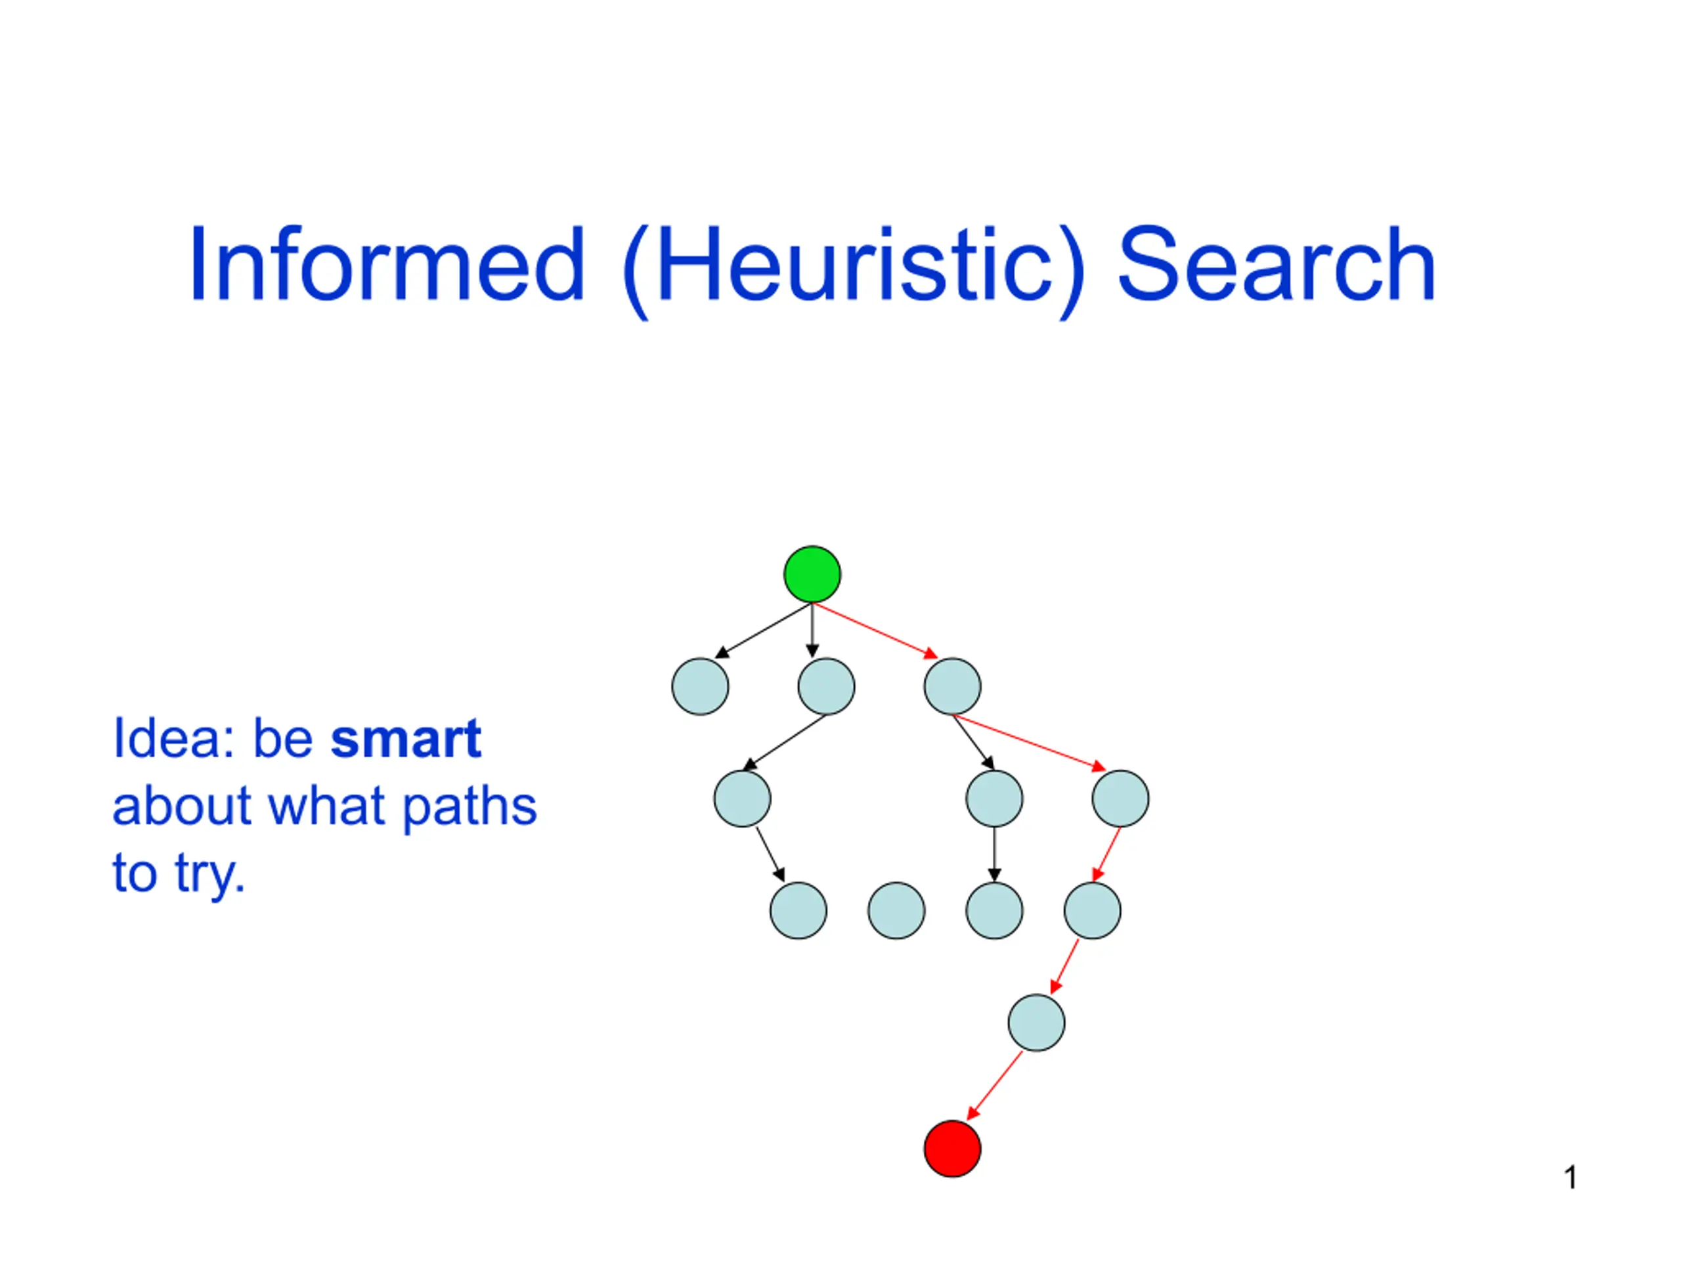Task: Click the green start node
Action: pos(812,574)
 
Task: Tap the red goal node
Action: pos(952,1149)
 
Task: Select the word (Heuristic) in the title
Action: pos(855,269)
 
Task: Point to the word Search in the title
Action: pos(1277,265)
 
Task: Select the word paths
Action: pos(469,807)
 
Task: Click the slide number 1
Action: pos(1570,1178)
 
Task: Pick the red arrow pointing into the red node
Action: pos(994,1086)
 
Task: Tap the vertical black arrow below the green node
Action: pos(812,630)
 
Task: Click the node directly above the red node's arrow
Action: pos(1037,1023)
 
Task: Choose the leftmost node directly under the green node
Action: pos(700,686)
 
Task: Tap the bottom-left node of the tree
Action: pos(798,910)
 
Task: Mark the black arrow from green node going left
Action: pos(764,630)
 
